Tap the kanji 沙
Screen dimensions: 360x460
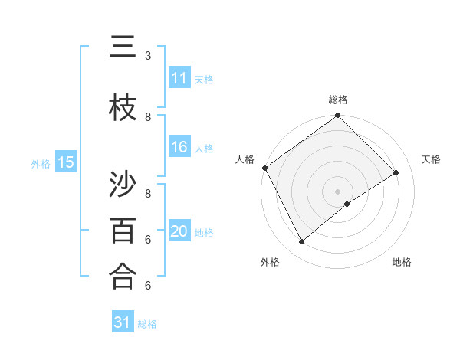tap(123, 183)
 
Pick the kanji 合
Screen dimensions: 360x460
tap(123, 276)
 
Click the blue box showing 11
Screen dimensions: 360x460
tap(179, 78)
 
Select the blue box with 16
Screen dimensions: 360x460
tap(179, 147)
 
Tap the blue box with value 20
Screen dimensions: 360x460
tap(179, 231)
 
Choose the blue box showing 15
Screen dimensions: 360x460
tap(66, 162)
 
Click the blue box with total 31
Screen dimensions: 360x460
tap(123, 322)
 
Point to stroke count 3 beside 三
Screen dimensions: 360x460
tap(148, 56)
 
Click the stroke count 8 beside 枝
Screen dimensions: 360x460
tap(148, 117)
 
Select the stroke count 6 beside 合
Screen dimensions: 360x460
tap(148, 286)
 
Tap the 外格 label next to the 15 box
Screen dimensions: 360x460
tap(41, 163)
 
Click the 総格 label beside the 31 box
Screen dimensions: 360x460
tap(147, 323)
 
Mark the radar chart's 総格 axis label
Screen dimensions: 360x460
tap(337, 100)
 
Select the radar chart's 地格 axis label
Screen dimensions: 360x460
tap(402, 262)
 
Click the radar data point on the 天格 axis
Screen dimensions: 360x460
tap(396, 173)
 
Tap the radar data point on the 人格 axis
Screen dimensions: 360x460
tap(264, 168)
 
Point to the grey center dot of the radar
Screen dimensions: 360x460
tap(337, 190)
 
